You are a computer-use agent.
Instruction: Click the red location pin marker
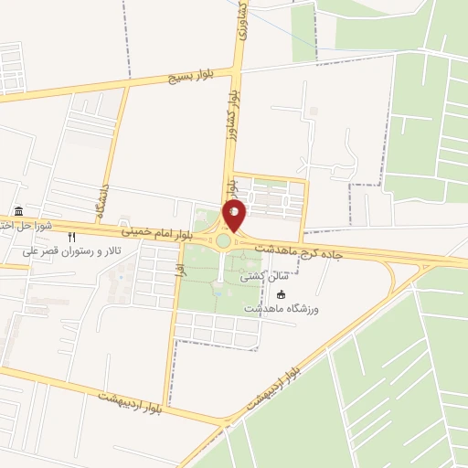pyautogui.click(x=234, y=216)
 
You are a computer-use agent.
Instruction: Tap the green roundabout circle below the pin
pyautogui.click(x=223, y=241)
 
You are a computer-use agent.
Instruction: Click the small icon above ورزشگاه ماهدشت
pyautogui.click(x=281, y=294)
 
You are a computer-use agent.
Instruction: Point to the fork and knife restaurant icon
pyautogui.click(x=72, y=237)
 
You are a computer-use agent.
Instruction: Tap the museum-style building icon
pyautogui.click(x=19, y=211)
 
